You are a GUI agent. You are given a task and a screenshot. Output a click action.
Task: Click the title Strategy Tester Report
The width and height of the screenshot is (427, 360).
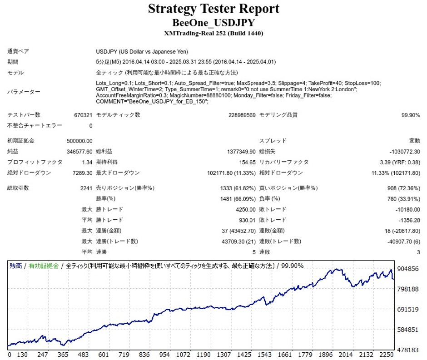213,9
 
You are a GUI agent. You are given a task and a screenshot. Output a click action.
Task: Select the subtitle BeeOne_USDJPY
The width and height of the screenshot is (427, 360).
213,23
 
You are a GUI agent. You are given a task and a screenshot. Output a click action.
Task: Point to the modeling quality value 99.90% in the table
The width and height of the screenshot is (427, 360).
411,115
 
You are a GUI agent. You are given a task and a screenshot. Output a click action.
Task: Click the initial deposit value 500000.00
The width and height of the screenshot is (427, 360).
79,141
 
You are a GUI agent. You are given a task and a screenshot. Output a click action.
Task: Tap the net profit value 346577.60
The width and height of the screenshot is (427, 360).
79,152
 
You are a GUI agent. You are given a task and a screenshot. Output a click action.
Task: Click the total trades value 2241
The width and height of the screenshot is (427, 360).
86,188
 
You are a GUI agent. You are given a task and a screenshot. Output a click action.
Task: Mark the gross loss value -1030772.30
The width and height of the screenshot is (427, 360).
403,152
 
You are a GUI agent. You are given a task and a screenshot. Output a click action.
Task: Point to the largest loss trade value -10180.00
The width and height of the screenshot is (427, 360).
407,209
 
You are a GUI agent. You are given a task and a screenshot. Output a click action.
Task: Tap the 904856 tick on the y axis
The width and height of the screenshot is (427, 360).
407,268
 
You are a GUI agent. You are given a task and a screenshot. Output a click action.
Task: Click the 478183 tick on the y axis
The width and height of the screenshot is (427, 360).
407,350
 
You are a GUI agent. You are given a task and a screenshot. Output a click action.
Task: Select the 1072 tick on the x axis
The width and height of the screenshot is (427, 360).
184,355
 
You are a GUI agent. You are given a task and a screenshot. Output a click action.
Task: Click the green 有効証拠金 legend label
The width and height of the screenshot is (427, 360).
44,266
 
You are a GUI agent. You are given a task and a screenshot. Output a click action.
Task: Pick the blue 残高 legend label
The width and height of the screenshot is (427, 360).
16,266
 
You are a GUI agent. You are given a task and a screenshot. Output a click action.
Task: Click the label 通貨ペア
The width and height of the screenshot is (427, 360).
19,51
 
